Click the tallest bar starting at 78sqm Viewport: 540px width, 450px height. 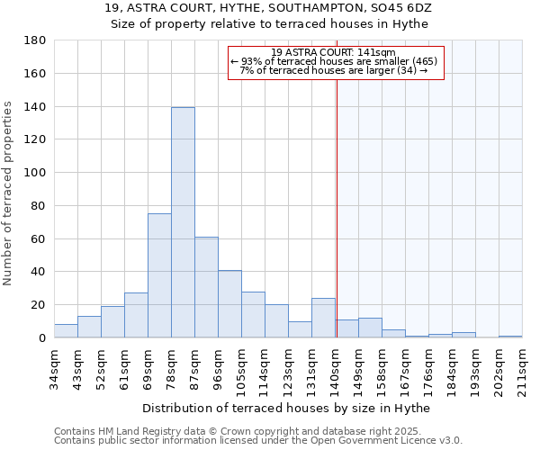click(183, 222)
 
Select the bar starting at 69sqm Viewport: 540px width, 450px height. click(159, 275)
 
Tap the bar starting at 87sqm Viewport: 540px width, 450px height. click(206, 287)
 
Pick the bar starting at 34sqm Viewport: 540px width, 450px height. click(66, 331)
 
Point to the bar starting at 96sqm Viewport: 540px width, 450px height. click(229, 304)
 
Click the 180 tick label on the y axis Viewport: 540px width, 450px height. click(35, 40)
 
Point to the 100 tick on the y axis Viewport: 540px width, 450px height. click(35, 173)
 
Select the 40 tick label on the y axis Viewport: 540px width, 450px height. click(39, 272)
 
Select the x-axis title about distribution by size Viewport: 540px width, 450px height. click(286, 408)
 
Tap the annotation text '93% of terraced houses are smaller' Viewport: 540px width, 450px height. click(335, 61)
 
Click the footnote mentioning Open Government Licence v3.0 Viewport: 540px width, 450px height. click(258, 440)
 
